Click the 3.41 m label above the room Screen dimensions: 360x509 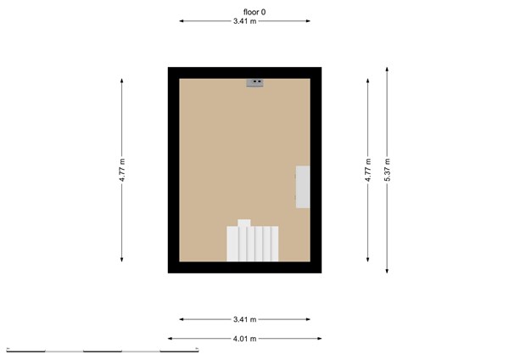(x=245, y=22)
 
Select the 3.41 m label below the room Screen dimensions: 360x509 (x=245, y=319)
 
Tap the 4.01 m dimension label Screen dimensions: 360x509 (x=245, y=338)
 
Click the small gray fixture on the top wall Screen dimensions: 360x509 (x=255, y=82)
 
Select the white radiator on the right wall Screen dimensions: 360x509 (x=302, y=187)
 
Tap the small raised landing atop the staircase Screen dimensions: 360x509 (x=244, y=223)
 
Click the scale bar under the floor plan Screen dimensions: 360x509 (x=102, y=349)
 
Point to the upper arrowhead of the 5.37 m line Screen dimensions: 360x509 (x=387, y=69)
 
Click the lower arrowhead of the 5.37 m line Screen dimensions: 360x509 (x=387, y=272)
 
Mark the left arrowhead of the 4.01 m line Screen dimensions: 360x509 (x=171, y=338)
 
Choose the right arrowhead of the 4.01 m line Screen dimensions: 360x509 (x=319, y=338)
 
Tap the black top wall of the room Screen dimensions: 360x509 (x=245, y=72)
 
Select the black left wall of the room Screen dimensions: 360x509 (x=173, y=170)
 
